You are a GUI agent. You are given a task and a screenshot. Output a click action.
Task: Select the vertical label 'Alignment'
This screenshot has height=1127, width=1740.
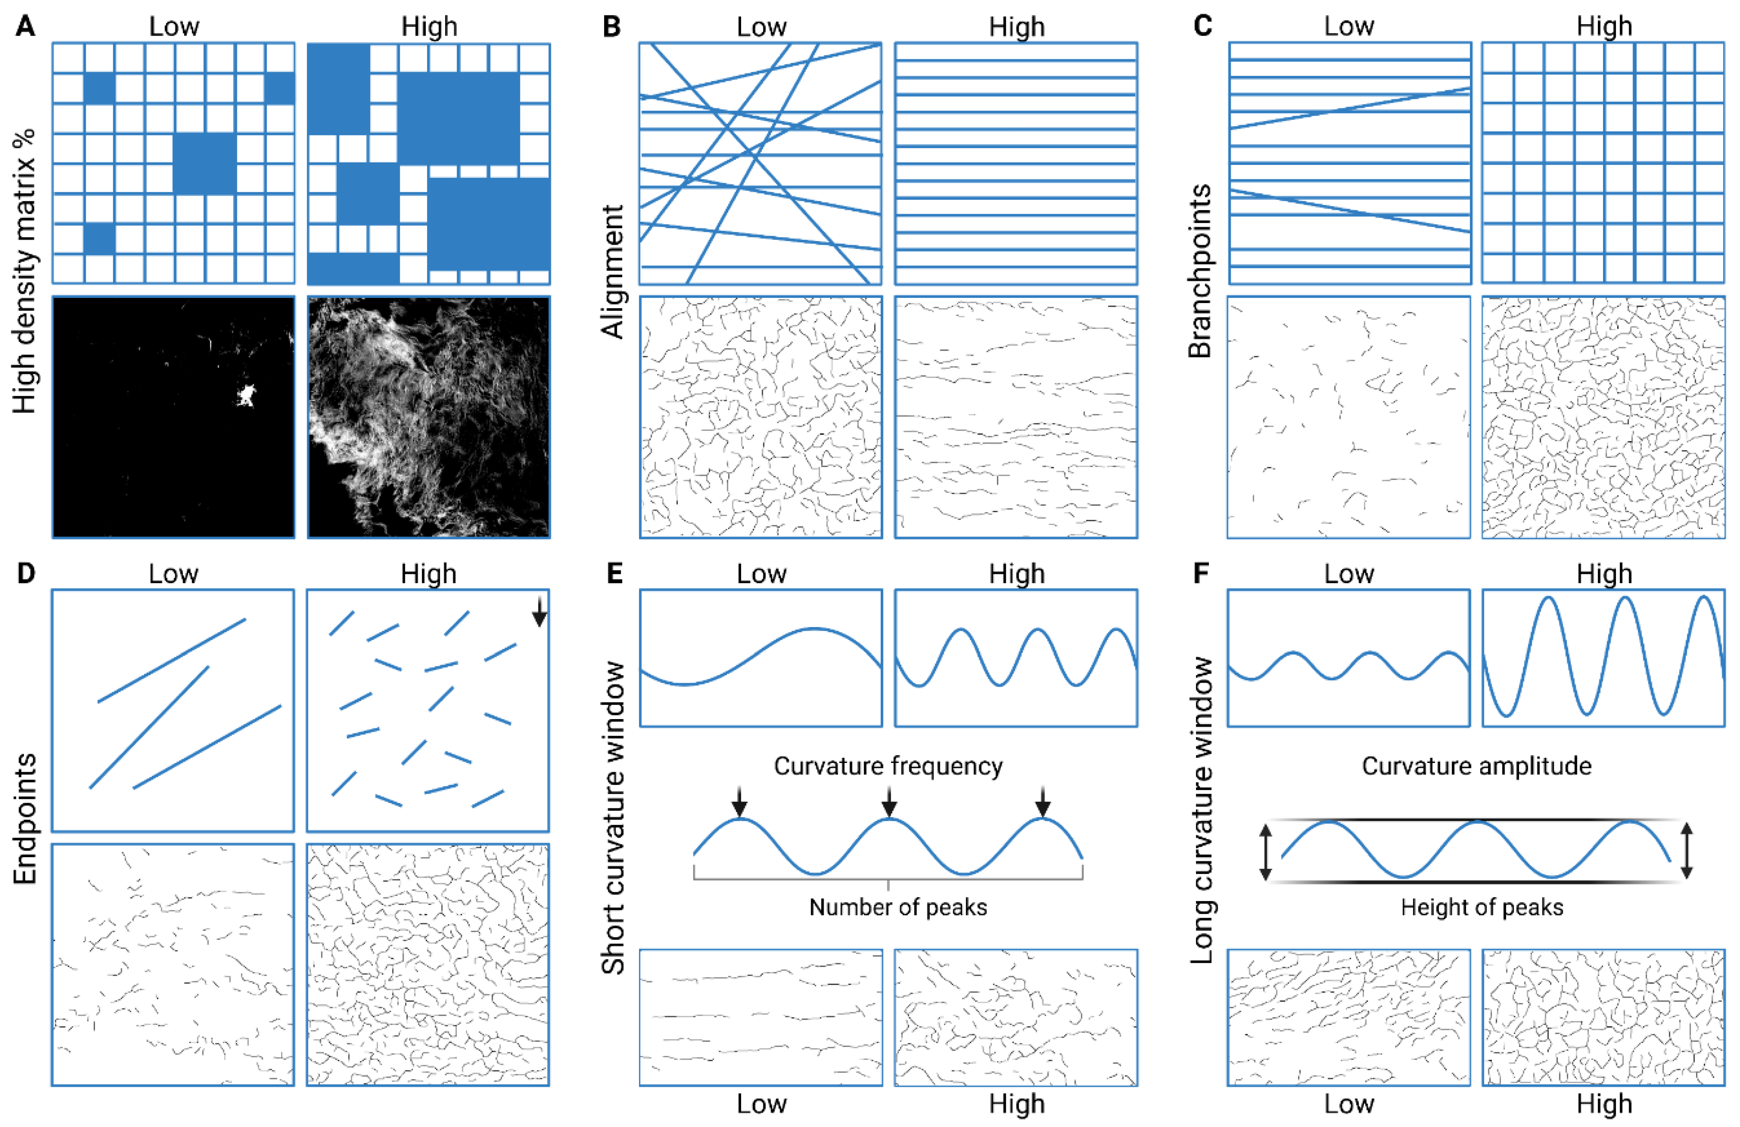click(613, 272)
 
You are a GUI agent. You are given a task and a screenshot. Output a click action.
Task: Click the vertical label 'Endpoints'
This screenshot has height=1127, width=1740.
click(25, 818)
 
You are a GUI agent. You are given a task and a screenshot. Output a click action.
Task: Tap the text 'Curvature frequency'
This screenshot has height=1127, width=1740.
click(888, 766)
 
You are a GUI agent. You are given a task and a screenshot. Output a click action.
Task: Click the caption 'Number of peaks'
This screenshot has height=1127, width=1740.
click(898, 907)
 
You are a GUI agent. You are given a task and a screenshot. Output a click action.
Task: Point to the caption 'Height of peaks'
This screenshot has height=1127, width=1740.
click(1482, 907)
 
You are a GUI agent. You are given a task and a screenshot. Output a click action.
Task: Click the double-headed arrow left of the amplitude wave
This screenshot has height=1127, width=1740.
click(1266, 852)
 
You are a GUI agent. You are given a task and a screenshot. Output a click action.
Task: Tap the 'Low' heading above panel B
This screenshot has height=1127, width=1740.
click(761, 26)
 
